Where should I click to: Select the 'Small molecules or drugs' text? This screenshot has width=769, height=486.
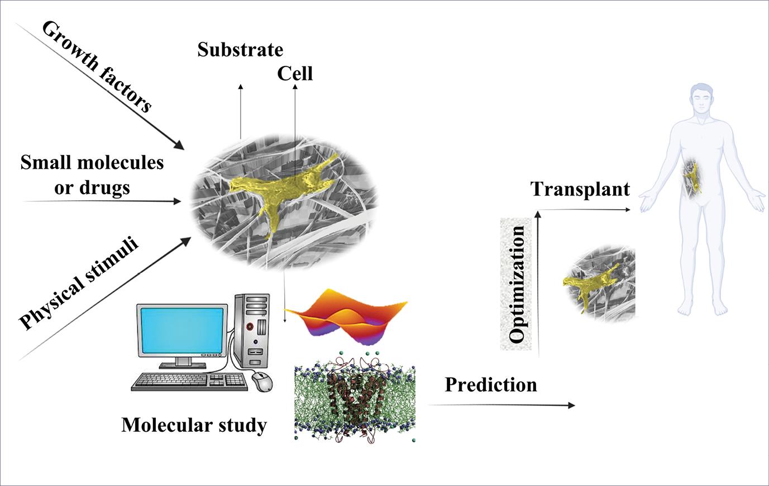pos(92,174)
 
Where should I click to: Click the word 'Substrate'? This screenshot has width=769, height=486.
pos(240,50)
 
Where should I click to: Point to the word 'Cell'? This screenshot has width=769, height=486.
pos(295,73)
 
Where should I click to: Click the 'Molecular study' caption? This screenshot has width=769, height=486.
pos(194,426)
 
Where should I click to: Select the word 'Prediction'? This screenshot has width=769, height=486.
pos(491,385)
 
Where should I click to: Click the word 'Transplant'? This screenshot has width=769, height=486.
pos(580,189)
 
